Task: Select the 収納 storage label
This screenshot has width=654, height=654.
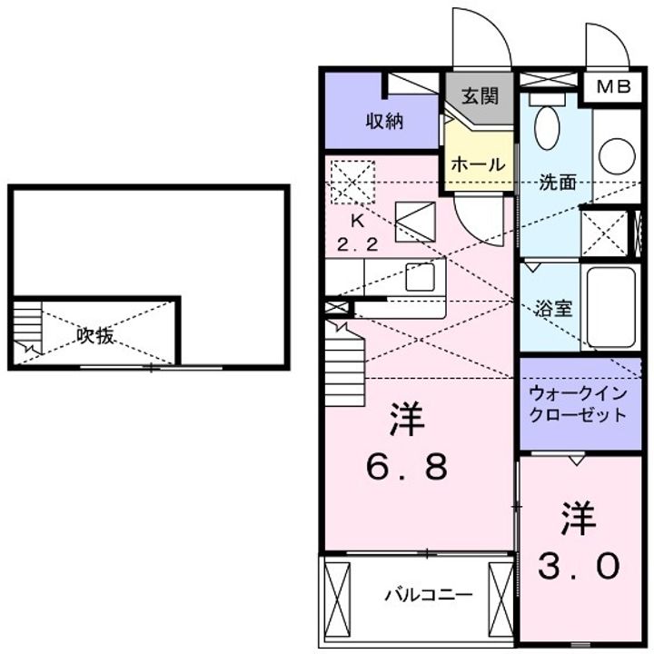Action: click(x=384, y=121)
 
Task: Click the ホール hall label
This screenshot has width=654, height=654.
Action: click(x=478, y=164)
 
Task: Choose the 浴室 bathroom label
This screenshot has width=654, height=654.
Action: click(x=553, y=307)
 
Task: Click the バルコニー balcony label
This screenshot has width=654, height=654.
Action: click(x=427, y=596)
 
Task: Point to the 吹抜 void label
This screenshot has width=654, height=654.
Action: click(x=94, y=335)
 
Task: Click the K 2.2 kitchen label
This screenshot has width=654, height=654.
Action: click(x=357, y=233)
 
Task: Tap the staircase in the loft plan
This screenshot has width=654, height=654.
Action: click(x=27, y=329)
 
